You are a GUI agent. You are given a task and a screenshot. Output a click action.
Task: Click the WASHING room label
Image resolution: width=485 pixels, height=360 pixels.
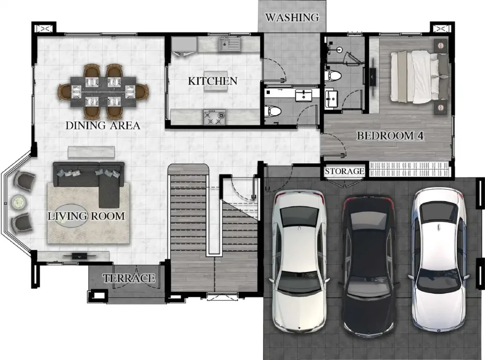pyautogui.click(x=292, y=17)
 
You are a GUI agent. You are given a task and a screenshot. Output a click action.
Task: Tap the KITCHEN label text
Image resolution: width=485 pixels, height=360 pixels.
pyautogui.click(x=213, y=81)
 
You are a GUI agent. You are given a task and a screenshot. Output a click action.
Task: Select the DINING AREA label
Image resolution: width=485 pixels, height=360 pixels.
pyautogui.click(x=103, y=125)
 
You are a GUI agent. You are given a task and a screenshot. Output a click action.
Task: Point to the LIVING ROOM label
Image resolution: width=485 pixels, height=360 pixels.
pyautogui.click(x=86, y=216)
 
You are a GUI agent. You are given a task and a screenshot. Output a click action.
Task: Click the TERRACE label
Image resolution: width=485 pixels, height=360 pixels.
pyautogui.click(x=129, y=278)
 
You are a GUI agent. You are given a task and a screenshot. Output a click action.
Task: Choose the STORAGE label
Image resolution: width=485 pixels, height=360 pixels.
pyautogui.click(x=344, y=171)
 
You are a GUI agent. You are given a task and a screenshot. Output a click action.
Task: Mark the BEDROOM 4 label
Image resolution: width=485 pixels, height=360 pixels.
pyautogui.click(x=390, y=136)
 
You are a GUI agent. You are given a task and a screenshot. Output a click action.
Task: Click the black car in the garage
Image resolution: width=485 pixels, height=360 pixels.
pyautogui.click(x=368, y=266)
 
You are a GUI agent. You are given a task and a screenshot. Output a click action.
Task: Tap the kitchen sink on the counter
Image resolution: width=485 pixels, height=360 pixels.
pyautogui.click(x=229, y=44)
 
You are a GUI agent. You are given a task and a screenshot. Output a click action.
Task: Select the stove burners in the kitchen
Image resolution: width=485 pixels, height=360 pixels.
pyautogui.click(x=214, y=117)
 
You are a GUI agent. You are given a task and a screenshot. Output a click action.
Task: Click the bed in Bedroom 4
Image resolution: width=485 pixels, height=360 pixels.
pyautogui.click(x=419, y=77)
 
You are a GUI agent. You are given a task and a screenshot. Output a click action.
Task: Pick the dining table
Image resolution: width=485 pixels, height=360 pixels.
pyautogui.click(x=103, y=92)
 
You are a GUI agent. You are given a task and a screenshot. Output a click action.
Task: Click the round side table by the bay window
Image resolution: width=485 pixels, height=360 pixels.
pyautogui.click(x=19, y=202)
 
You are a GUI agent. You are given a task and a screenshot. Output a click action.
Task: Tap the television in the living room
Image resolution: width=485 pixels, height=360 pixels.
pyautogui.click(x=80, y=256)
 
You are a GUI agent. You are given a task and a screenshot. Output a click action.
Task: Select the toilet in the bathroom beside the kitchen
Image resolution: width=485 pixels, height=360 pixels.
pyautogui.click(x=272, y=111)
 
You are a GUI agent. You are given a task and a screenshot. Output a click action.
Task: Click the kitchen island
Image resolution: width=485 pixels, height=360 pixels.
pyautogui.click(x=216, y=88)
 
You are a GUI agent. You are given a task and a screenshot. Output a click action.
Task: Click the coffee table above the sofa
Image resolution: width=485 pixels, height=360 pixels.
pyautogui.click(x=91, y=152)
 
